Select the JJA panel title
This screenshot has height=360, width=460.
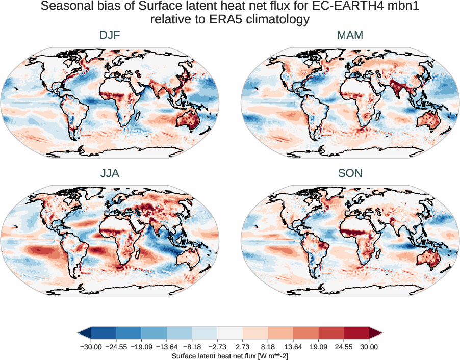coord(110,173)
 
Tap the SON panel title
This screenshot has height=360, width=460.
coord(350,173)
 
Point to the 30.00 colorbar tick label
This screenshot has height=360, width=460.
coord(369,347)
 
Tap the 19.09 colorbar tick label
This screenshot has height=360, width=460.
coord(318,347)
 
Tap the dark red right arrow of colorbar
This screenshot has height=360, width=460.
coord(375,333)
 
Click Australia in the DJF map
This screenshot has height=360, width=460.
coord(187,121)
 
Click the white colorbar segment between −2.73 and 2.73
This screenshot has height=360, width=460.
coord(230,333)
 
